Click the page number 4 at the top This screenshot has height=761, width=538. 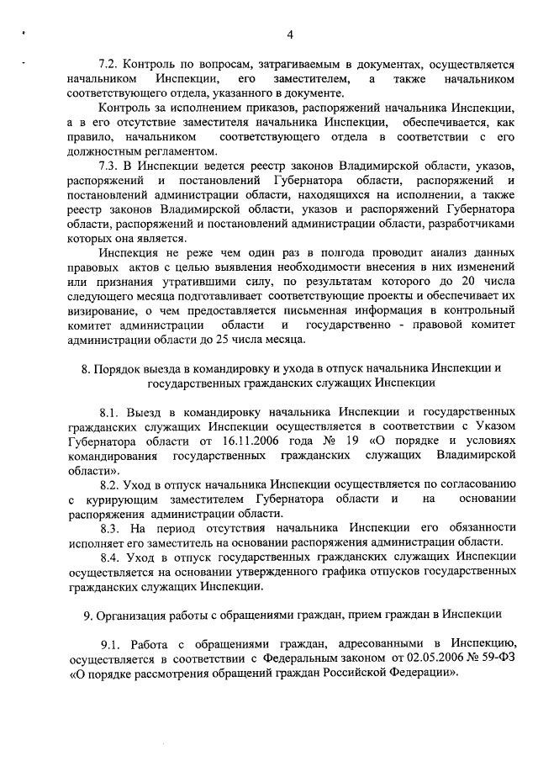289,34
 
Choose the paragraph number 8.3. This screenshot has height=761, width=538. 111,528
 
